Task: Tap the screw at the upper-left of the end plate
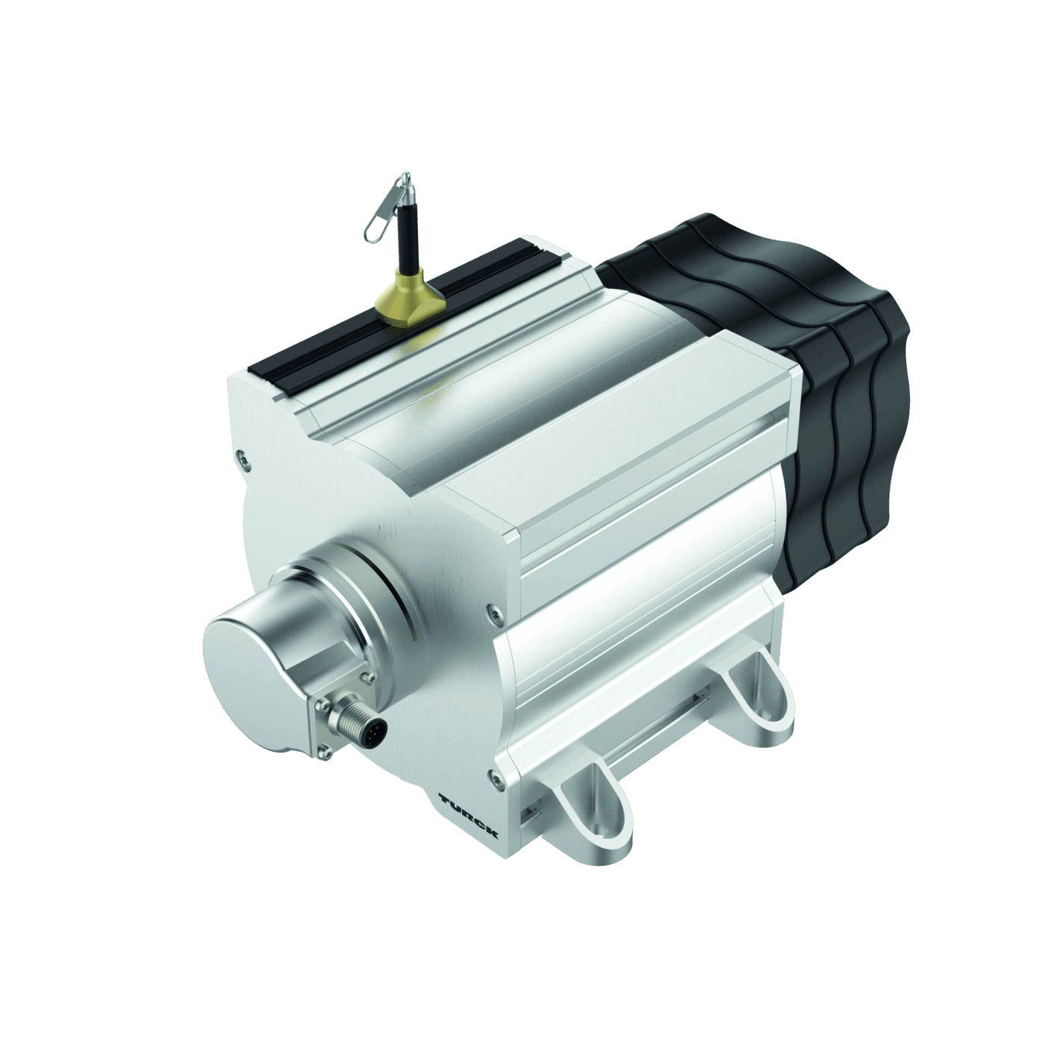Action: coord(240,455)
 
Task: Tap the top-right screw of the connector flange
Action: coord(365,677)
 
